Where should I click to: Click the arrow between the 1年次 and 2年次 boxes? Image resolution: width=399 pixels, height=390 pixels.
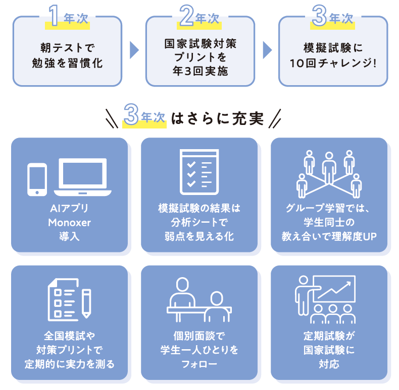(x=134, y=50)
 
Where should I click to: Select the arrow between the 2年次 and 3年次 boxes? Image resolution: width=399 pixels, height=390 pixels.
(x=267, y=50)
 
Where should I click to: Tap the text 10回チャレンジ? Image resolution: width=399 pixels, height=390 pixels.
(x=333, y=64)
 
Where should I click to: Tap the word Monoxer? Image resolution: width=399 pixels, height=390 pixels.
(x=69, y=222)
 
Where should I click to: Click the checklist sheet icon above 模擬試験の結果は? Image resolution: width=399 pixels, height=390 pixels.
(x=199, y=171)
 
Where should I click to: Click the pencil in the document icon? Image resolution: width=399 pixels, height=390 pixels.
(x=86, y=302)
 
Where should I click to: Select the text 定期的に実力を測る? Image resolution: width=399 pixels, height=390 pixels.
(x=69, y=363)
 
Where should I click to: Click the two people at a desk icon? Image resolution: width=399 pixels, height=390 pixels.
(x=198, y=300)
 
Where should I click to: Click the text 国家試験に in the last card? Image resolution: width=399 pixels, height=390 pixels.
(x=329, y=350)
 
